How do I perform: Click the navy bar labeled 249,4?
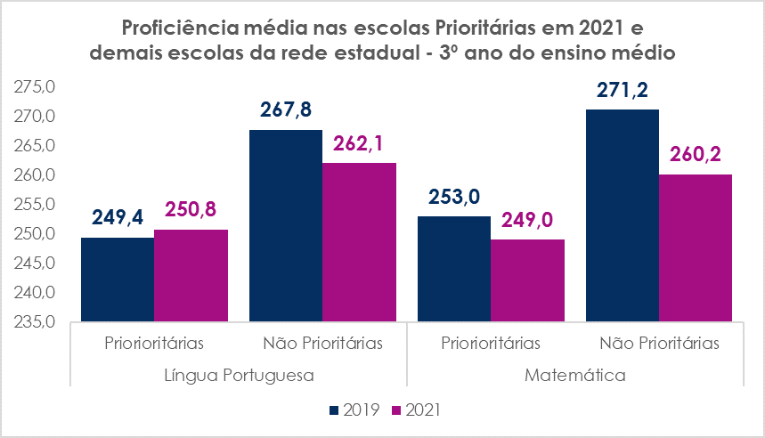click(117, 280)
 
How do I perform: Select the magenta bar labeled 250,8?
click(191, 275)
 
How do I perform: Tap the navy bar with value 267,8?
click(285, 225)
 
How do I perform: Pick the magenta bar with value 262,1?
click(359, 242)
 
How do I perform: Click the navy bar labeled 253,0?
click(453, 268)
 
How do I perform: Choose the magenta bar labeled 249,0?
click(527, 280)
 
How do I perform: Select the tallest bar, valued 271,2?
click(622, 215)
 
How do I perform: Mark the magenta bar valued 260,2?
click(696, 247)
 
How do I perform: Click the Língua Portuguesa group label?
click(239, 375)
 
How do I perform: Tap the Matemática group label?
click(574, 375)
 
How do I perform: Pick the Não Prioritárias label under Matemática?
click(659, 343)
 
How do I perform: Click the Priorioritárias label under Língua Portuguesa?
click(154, 343)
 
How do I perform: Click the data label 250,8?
click(191, 210)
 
